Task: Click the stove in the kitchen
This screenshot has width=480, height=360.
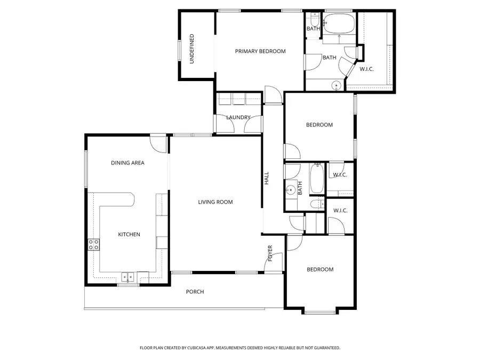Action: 93,245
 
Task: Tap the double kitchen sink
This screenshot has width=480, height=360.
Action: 127,276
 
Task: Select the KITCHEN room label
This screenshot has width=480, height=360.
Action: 129,234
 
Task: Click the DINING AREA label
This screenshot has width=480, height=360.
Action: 127,163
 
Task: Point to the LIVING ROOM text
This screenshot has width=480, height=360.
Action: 215,202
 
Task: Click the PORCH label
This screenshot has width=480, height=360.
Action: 195,292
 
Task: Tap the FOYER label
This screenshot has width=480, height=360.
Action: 270,253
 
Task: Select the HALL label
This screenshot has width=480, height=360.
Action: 267,178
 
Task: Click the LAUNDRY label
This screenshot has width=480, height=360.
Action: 238,117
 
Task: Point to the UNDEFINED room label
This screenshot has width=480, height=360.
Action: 192,49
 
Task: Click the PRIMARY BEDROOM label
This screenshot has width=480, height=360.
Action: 260,51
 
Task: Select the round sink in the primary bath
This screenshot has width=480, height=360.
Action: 337,85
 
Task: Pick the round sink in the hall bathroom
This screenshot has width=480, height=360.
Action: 291,188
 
